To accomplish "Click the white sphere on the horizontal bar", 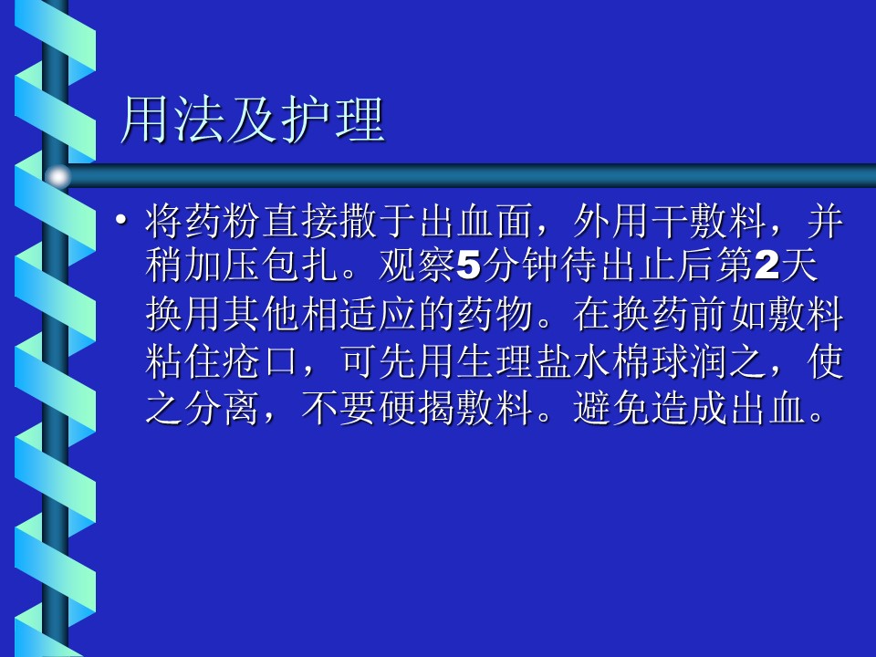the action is pos(57,176).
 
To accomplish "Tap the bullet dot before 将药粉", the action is pos(120,220).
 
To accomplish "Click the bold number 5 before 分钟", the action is pos(469,266).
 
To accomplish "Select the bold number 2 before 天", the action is pos(767,266).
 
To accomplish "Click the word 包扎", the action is pos(301,265).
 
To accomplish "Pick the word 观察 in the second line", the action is pos(417,265).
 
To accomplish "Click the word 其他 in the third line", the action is pos(262,314).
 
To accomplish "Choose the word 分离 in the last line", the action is pos(223,409).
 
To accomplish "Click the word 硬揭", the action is pos(417,409).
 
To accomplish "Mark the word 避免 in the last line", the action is pos(611,409).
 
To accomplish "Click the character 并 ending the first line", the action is pos(825,221).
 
